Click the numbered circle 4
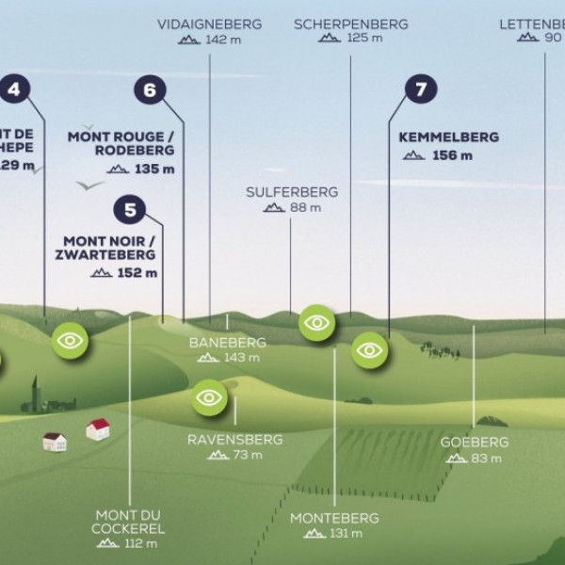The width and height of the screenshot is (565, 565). (x=15, y=90)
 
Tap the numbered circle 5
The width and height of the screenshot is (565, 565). (x=129, y=208)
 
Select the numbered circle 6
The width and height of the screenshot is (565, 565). (x=150, y=90)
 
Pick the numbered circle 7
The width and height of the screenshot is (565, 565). (x=421, y=90)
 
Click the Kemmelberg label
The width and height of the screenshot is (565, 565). (x=448, y=137)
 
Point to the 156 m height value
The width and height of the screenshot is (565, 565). (x=452, y=155)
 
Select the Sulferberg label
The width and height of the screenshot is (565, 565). (x=292, y=191)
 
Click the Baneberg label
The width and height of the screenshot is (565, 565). (x=227, y=343)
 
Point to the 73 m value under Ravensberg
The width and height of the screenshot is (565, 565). (x=248, y=456)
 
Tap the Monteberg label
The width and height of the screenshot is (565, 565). (x=333, y=518)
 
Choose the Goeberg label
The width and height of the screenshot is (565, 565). (x=474, y=442)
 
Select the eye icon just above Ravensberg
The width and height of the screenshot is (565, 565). (x=209, y=397)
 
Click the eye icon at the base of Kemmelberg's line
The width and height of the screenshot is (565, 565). (x=370, y=350)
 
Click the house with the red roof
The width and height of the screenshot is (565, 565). (x=97, y=429)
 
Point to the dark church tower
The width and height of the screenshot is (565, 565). (x=36, y=394)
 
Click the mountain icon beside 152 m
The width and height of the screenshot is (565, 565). (x=102, y=273)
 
